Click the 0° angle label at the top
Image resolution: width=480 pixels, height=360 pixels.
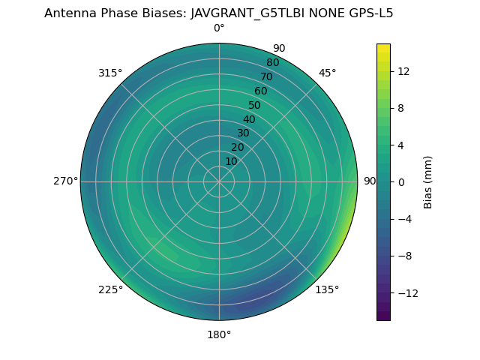[x=219, y=28]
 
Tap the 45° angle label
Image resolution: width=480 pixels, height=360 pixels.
[x=327, y=73]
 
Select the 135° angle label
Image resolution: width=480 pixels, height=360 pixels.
[x=327, y=289]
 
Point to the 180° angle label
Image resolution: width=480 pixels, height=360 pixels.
[x=219, y=334]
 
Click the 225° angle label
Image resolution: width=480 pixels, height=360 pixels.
[x=110, y=289]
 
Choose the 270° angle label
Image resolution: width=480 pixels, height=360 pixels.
[x=65, y=181]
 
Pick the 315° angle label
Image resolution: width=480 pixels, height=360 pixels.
[x=110, y=73]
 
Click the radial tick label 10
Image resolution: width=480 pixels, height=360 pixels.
[x=231, y=161]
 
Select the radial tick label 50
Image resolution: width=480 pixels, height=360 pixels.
[x=255, y=106]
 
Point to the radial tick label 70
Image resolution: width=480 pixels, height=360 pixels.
[x=267, y=76]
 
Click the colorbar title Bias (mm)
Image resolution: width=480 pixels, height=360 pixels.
[x=428, y=181]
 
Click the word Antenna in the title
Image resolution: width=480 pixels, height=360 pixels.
[x=69, y=13]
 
